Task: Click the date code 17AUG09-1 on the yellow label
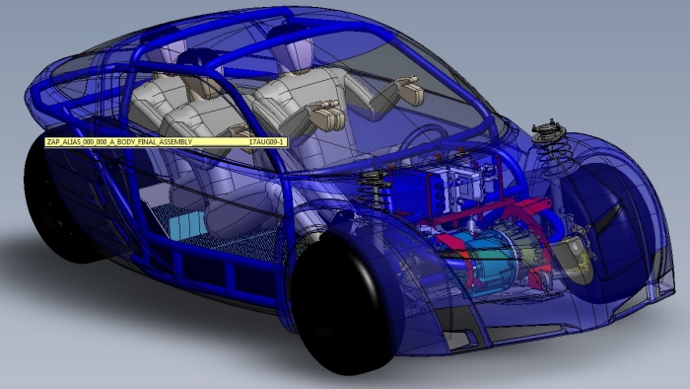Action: pos(267,142)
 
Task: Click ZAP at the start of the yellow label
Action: pos(52,142)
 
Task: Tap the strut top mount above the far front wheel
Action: pos(549,131)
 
